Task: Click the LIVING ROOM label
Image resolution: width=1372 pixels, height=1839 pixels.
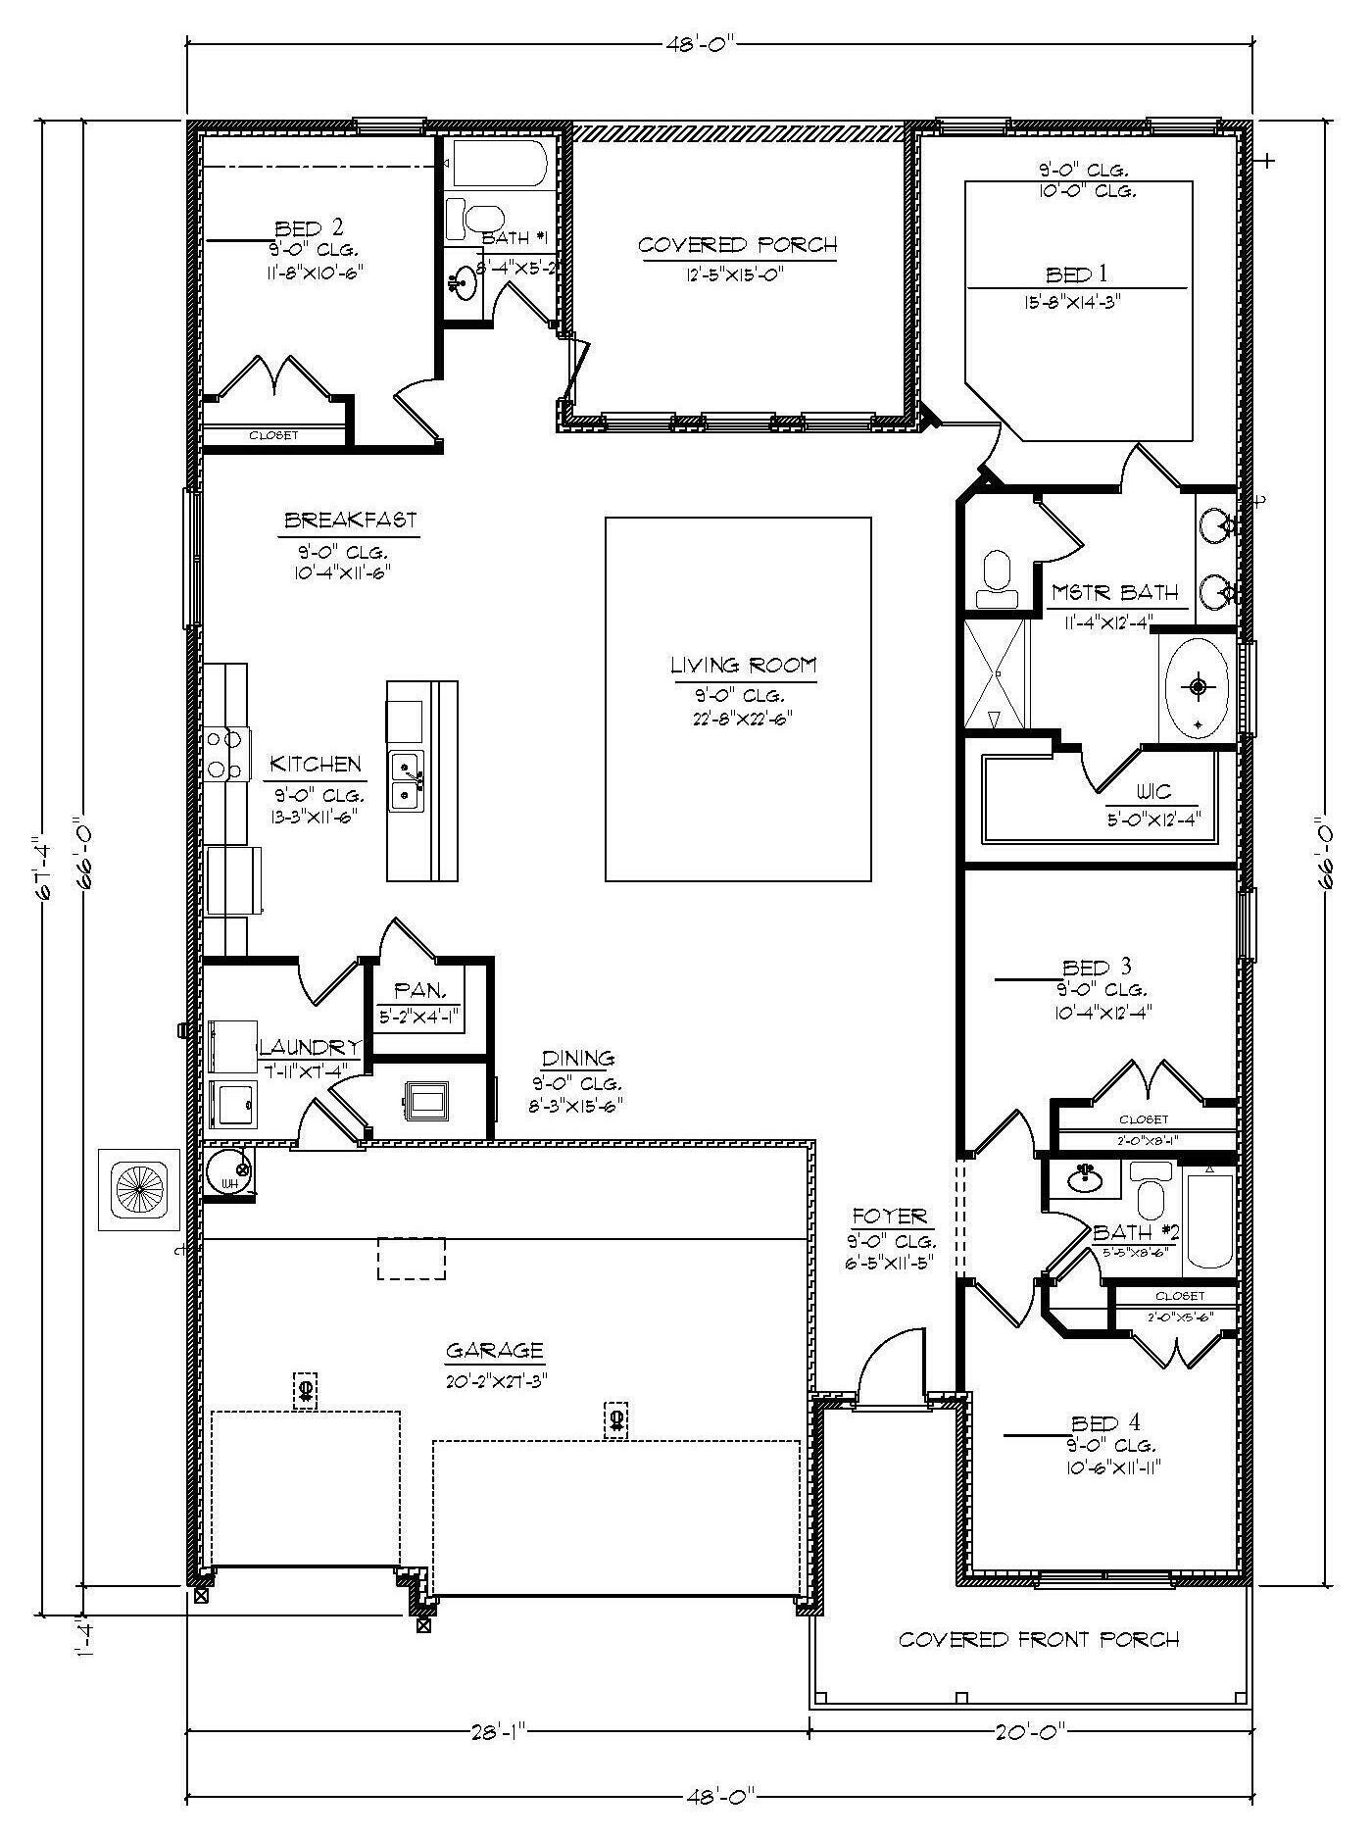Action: [x=742, y=666]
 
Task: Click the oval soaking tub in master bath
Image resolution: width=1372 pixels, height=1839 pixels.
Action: [x=1197, y=686]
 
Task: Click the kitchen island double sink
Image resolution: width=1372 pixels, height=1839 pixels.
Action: [x=406, y=780]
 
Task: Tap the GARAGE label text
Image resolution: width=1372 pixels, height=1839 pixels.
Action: [x=494, y=1350]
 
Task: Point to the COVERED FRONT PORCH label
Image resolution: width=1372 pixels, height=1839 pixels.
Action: [x=1039, y=1639]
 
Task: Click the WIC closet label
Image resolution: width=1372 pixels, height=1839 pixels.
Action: [x=1153, y=792]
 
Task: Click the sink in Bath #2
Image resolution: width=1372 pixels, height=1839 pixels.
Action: [x=1085, y=1176]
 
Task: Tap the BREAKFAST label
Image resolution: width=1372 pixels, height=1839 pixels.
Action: [x=351, y=520]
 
